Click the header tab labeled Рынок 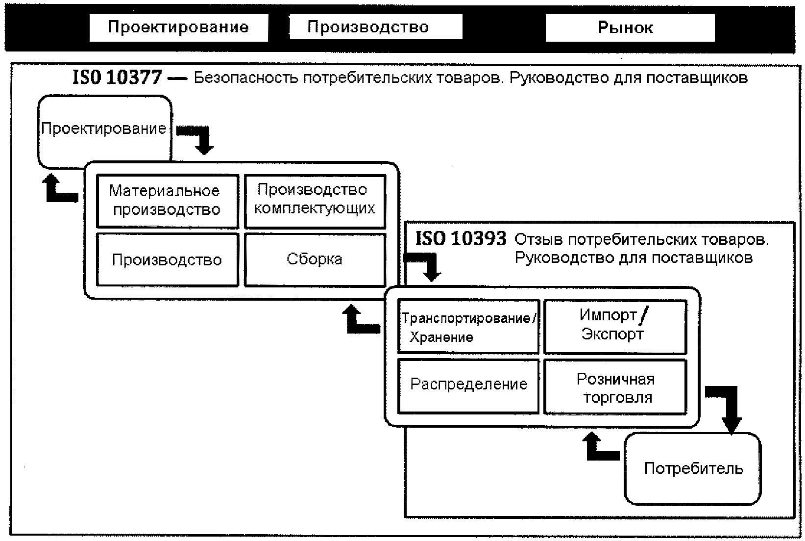coord(630,27)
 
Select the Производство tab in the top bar coord(376,26)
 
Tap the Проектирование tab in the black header coord(179,27)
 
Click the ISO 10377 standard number coord(117,77)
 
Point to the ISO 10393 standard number coord(461,238)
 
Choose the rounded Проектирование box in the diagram coord(104,131)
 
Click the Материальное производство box coord(168,201)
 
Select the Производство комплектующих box coord(315,201)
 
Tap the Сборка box coord(315,259)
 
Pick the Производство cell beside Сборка coord(168,259)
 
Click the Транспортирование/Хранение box coord(468,327)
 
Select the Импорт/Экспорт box coord(615,327)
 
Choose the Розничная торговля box coord(615,386)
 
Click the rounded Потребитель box coord(692,469)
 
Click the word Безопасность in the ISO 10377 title coord(246,77)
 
